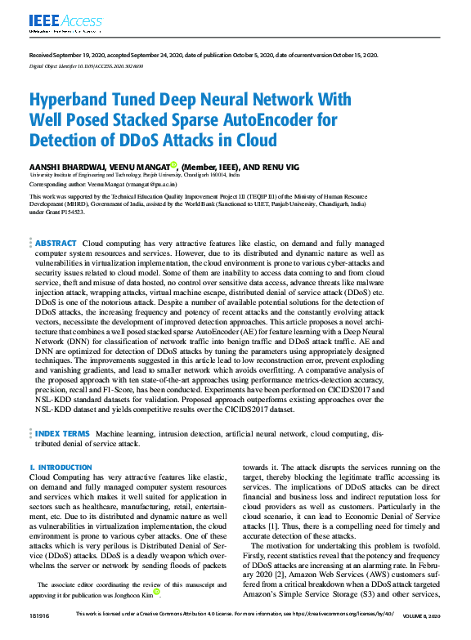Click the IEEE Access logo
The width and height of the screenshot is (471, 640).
coord(55,22)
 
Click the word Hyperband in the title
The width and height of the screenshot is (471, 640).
coord(75,101)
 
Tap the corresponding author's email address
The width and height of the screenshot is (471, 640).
coord(152,185)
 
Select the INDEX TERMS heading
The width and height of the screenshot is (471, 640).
coord(62,432)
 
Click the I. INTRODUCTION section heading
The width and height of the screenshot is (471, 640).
coord(61,468)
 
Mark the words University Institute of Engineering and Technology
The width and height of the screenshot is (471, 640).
coord(90,175)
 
